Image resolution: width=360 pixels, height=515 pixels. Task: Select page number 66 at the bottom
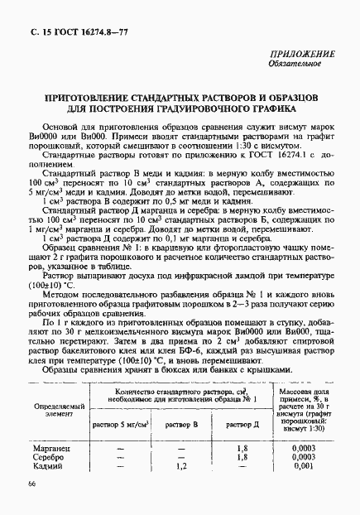coord(31,484)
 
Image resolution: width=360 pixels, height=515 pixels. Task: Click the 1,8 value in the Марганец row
coord(242,446)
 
